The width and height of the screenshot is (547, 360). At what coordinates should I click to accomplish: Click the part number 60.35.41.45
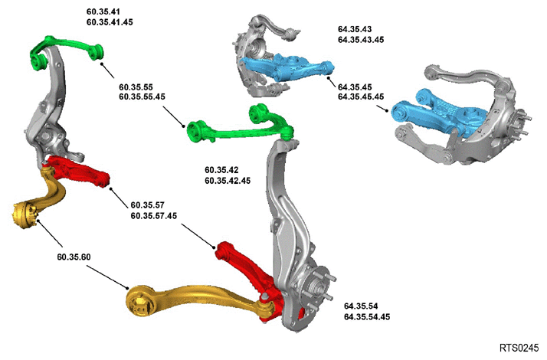click(x=110, y=22)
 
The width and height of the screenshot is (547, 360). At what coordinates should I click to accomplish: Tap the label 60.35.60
click(x=74, y=257)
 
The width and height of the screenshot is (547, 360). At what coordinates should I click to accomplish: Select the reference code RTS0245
click(x=519, y=348)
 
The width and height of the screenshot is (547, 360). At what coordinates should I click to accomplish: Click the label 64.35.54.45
click(x=367, y=317)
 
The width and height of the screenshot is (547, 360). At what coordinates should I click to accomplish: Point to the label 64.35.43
click(x=355, y=29)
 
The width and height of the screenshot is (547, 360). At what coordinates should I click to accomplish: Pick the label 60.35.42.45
click(x=228, y=181)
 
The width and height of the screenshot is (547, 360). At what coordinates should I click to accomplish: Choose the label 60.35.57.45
click(x=154, y=216)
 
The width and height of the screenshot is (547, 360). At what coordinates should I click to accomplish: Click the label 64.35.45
click(x=355, y=87)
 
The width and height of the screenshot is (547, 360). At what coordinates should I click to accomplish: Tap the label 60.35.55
click(x=136, y=87)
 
